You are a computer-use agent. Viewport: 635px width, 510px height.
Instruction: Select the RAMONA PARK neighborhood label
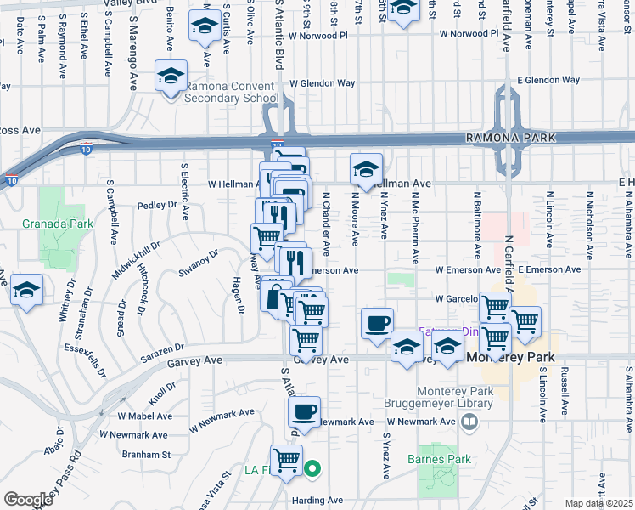point(509,137)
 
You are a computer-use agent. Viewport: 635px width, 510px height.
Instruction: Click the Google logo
point(28,499)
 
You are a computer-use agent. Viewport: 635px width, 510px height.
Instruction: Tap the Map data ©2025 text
point(599,503)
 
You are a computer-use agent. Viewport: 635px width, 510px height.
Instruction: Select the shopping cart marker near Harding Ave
point(287,461)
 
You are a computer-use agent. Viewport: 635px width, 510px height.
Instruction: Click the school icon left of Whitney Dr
point(27,290)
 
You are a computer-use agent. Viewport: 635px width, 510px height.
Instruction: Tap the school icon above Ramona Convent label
point(171,77)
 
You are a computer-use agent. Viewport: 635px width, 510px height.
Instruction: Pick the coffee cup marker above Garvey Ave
point(377,323)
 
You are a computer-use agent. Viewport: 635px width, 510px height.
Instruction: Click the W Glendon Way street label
point(322,83)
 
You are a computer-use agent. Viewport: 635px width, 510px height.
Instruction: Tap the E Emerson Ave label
point(549,269)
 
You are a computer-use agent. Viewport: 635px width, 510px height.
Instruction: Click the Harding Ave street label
point(315,501)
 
